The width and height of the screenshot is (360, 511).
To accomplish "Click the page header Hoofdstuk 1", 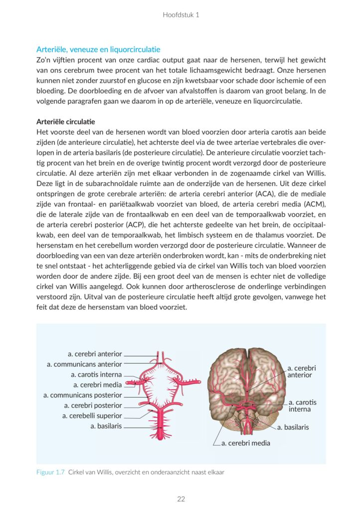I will pos(180,15).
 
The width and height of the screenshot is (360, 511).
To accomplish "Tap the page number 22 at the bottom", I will pos(180,499).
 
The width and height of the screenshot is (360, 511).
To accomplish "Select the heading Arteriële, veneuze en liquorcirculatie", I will pos(98,49).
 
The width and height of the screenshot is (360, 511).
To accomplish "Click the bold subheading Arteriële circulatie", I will pos(66,122).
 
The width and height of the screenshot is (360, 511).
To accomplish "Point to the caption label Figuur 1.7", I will pos(50,472).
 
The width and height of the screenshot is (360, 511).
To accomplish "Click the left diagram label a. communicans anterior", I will pos(84,364).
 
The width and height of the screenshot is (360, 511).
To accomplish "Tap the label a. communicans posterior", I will pos(82,395).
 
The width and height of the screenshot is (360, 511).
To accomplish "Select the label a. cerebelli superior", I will pos(92,416).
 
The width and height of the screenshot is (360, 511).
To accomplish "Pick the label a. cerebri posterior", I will pos(93,405).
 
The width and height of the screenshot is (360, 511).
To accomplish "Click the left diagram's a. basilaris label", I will pos(106,426).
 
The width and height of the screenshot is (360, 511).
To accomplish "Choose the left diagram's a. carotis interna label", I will pos(96,374).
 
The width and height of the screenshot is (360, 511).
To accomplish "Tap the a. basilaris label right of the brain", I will pos(293,427).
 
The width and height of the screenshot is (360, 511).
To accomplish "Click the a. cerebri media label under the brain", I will pos(246,443).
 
